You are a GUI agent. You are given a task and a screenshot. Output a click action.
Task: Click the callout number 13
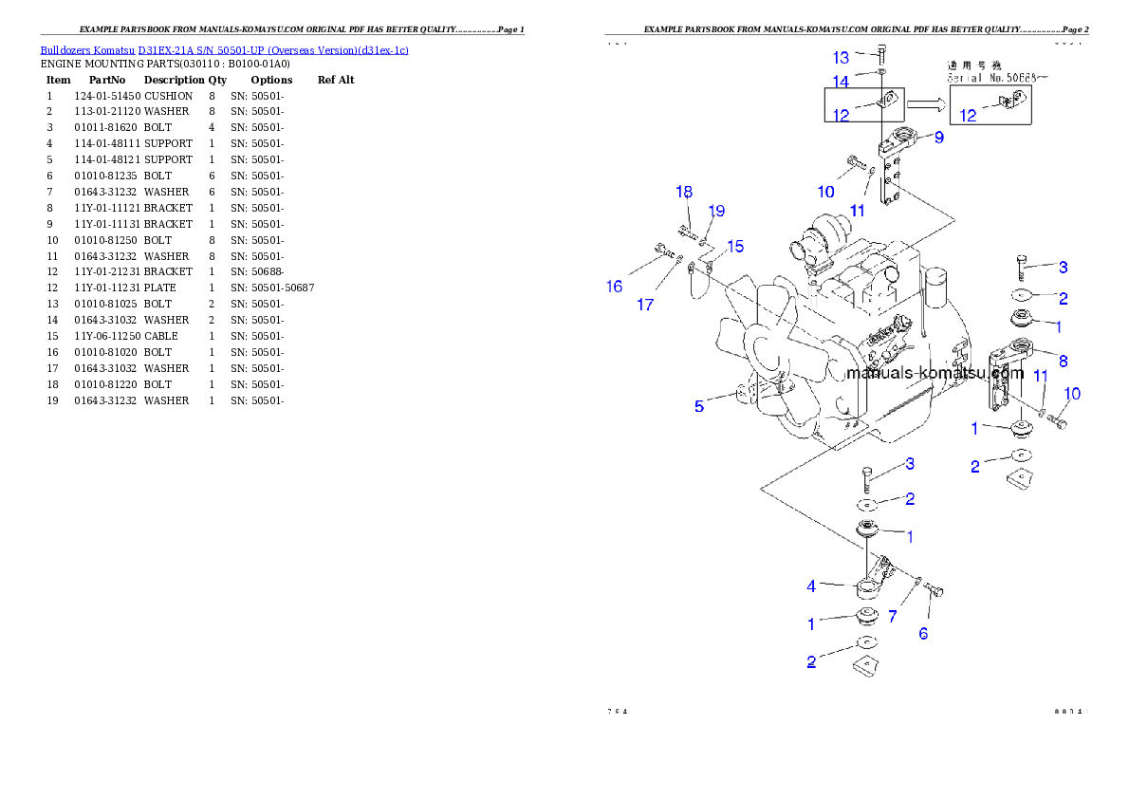pos(842,57)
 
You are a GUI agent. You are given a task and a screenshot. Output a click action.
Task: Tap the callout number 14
pos(842,82)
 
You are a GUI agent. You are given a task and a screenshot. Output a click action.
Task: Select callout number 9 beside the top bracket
pos(938,138)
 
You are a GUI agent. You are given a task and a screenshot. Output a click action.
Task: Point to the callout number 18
pos(684,192)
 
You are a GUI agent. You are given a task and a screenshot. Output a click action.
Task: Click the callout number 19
pos(716,210)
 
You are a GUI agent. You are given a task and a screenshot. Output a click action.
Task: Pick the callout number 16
pos(615,287)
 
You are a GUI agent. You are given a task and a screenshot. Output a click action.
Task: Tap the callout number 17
pos(645,305)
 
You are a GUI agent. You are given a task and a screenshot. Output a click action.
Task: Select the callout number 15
pos(735,247)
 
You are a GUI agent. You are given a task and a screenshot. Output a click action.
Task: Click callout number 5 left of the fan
pos(699,406)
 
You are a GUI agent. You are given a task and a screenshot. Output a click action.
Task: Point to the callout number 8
pos(1063,361)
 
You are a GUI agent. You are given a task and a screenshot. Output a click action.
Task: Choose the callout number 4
pos(811,586)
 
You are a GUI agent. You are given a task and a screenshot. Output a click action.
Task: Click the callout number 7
pos(892,617)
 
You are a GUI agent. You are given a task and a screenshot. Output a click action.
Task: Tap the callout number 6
pos(923,633)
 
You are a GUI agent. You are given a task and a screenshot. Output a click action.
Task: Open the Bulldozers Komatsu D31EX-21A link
pos(224,50)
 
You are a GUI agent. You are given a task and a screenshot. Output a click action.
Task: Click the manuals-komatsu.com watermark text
pos(934,373)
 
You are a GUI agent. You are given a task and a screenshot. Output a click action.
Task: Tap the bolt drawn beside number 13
pos(881,52)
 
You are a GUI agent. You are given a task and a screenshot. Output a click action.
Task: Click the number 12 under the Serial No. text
pos(968,116)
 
